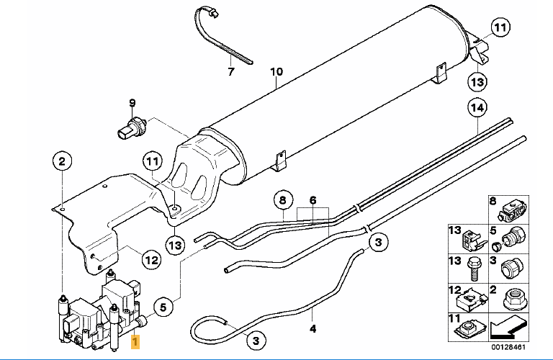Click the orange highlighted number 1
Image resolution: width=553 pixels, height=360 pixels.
click(x=135, y=345)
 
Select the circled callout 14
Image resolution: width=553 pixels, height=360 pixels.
click(x=476, y=108)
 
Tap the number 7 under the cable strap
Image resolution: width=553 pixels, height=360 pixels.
click(x=231, y=72)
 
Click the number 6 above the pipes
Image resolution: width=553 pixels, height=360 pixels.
click(x=313, y=200)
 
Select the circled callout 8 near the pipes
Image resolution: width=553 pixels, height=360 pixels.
click(x=282, y=199)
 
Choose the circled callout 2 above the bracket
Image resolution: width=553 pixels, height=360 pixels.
click(x=62, y=161)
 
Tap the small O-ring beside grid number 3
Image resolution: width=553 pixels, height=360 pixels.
click(x=498, y=248)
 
